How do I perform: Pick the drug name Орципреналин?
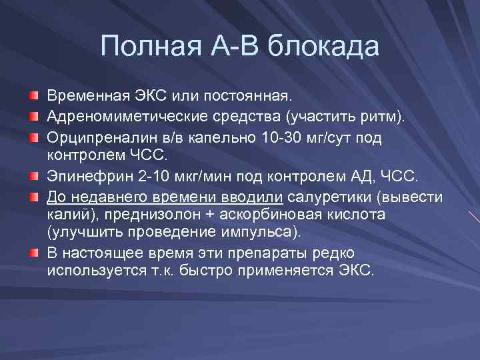coord(92,137)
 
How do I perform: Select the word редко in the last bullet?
coord(331,253)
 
